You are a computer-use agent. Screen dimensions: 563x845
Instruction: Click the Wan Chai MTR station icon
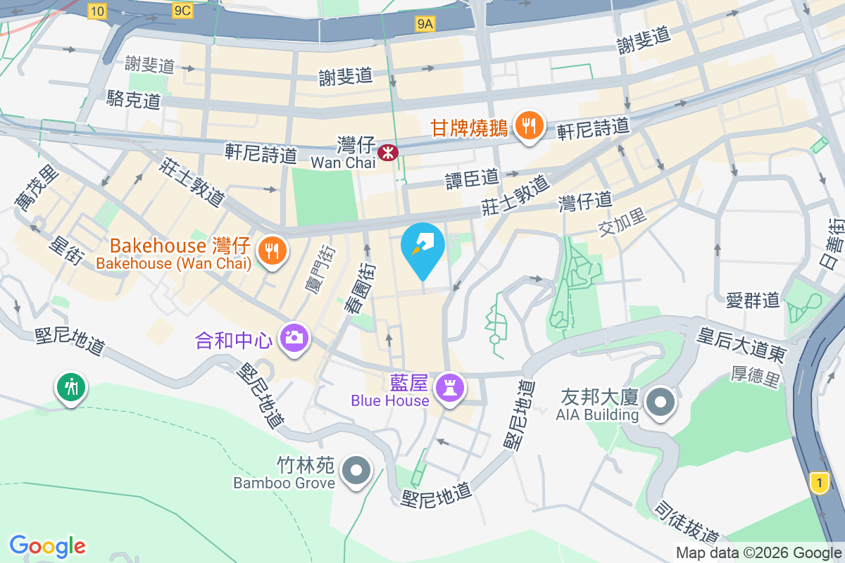click(x=387, y=151)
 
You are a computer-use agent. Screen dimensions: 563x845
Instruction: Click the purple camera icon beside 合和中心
click(x=293, y=337)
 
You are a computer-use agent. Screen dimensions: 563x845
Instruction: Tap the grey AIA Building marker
click(x=661, y=403)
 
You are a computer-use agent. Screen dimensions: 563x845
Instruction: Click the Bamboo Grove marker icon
click(x=356, y=471)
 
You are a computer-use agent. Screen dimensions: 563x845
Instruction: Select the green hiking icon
click(x=71, y=386)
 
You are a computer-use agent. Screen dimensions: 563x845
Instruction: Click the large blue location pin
click(x=423, y=248)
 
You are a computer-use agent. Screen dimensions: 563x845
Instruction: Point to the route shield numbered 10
click(x=96, y=10)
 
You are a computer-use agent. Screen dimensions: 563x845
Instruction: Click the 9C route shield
click(x=182, y=10)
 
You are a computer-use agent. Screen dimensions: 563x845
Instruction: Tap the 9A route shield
click(x=425, y=25)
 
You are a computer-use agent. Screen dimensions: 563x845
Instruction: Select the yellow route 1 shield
click(x=818, y=483)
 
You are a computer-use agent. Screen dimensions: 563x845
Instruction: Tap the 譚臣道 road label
click(x=472, y=179)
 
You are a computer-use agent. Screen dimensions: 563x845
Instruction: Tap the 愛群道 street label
click(x=753, y=301)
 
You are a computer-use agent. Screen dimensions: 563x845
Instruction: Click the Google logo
click(x=48, y=545)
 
